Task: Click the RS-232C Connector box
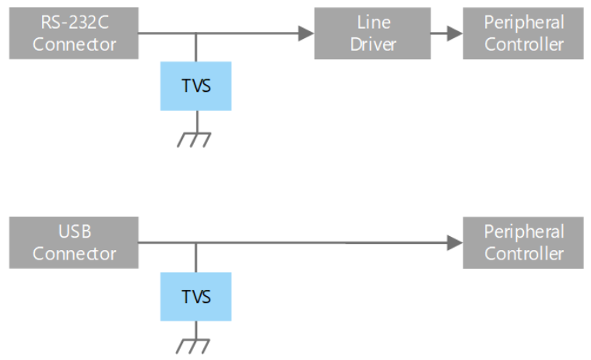click(74, 34)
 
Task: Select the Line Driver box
click(372, 34)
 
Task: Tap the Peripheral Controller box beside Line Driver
click(523, 34)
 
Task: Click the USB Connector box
click(74, 242)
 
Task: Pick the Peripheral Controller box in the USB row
click(523, 242)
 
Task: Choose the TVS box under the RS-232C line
click(196, 86)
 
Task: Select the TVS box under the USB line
click(196, 297)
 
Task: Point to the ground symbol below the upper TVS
click(194, 139)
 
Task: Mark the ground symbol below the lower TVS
click(193, 346)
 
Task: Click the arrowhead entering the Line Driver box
click(306, 34)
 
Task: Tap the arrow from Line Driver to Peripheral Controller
click(447, 34)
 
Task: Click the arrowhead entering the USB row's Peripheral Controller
click(455, 242)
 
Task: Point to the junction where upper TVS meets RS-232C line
click(196, 34)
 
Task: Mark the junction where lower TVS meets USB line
click(196, 242)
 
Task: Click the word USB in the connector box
click(75, 231)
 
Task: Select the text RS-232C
click(75, 22)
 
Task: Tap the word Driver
click(373, 44)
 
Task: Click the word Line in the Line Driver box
click(374, 23)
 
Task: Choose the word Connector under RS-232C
click(74, 44)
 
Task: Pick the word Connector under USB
click(74, 253)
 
